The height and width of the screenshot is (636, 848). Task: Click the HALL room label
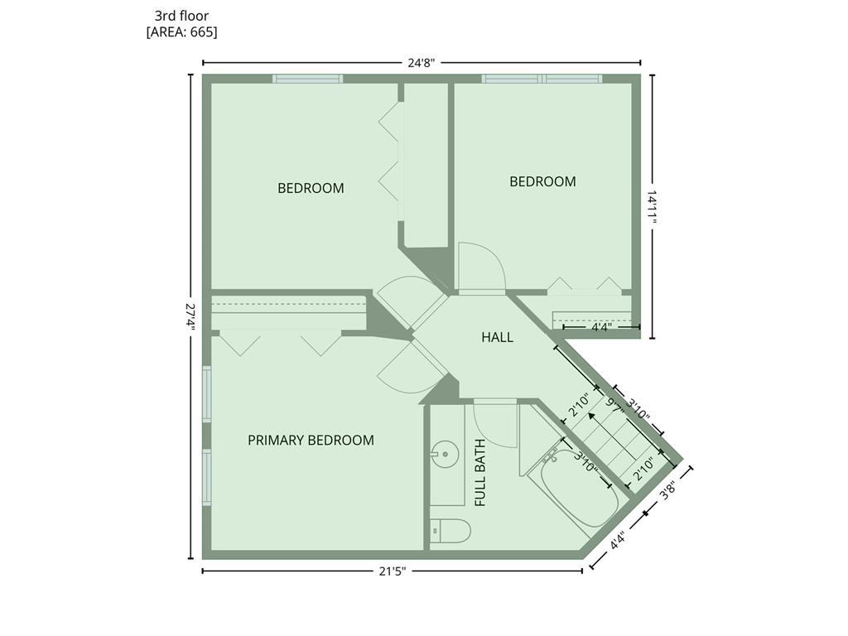click(x=497, y=338)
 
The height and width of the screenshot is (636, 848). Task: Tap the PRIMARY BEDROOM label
click(x=311, y=441)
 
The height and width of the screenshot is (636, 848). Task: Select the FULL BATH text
click(x=480, y=473)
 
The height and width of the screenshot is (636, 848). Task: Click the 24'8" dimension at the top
click(x=422, y=63)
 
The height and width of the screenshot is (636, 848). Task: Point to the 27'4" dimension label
click(x=190, y=316)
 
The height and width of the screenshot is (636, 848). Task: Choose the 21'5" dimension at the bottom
click(x=392, y=571)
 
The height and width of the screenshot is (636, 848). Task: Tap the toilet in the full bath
click(x=450, y=531)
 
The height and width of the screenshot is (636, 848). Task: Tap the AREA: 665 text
click(x=181, y=32)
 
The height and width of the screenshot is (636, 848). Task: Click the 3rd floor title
click(x=181, y=16)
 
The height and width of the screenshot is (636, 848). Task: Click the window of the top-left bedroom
click(x=307, y=79)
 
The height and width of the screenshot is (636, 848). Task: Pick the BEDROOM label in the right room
click(x=542, y=181)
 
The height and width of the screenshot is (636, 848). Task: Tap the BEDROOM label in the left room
click(x=311, y=188)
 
